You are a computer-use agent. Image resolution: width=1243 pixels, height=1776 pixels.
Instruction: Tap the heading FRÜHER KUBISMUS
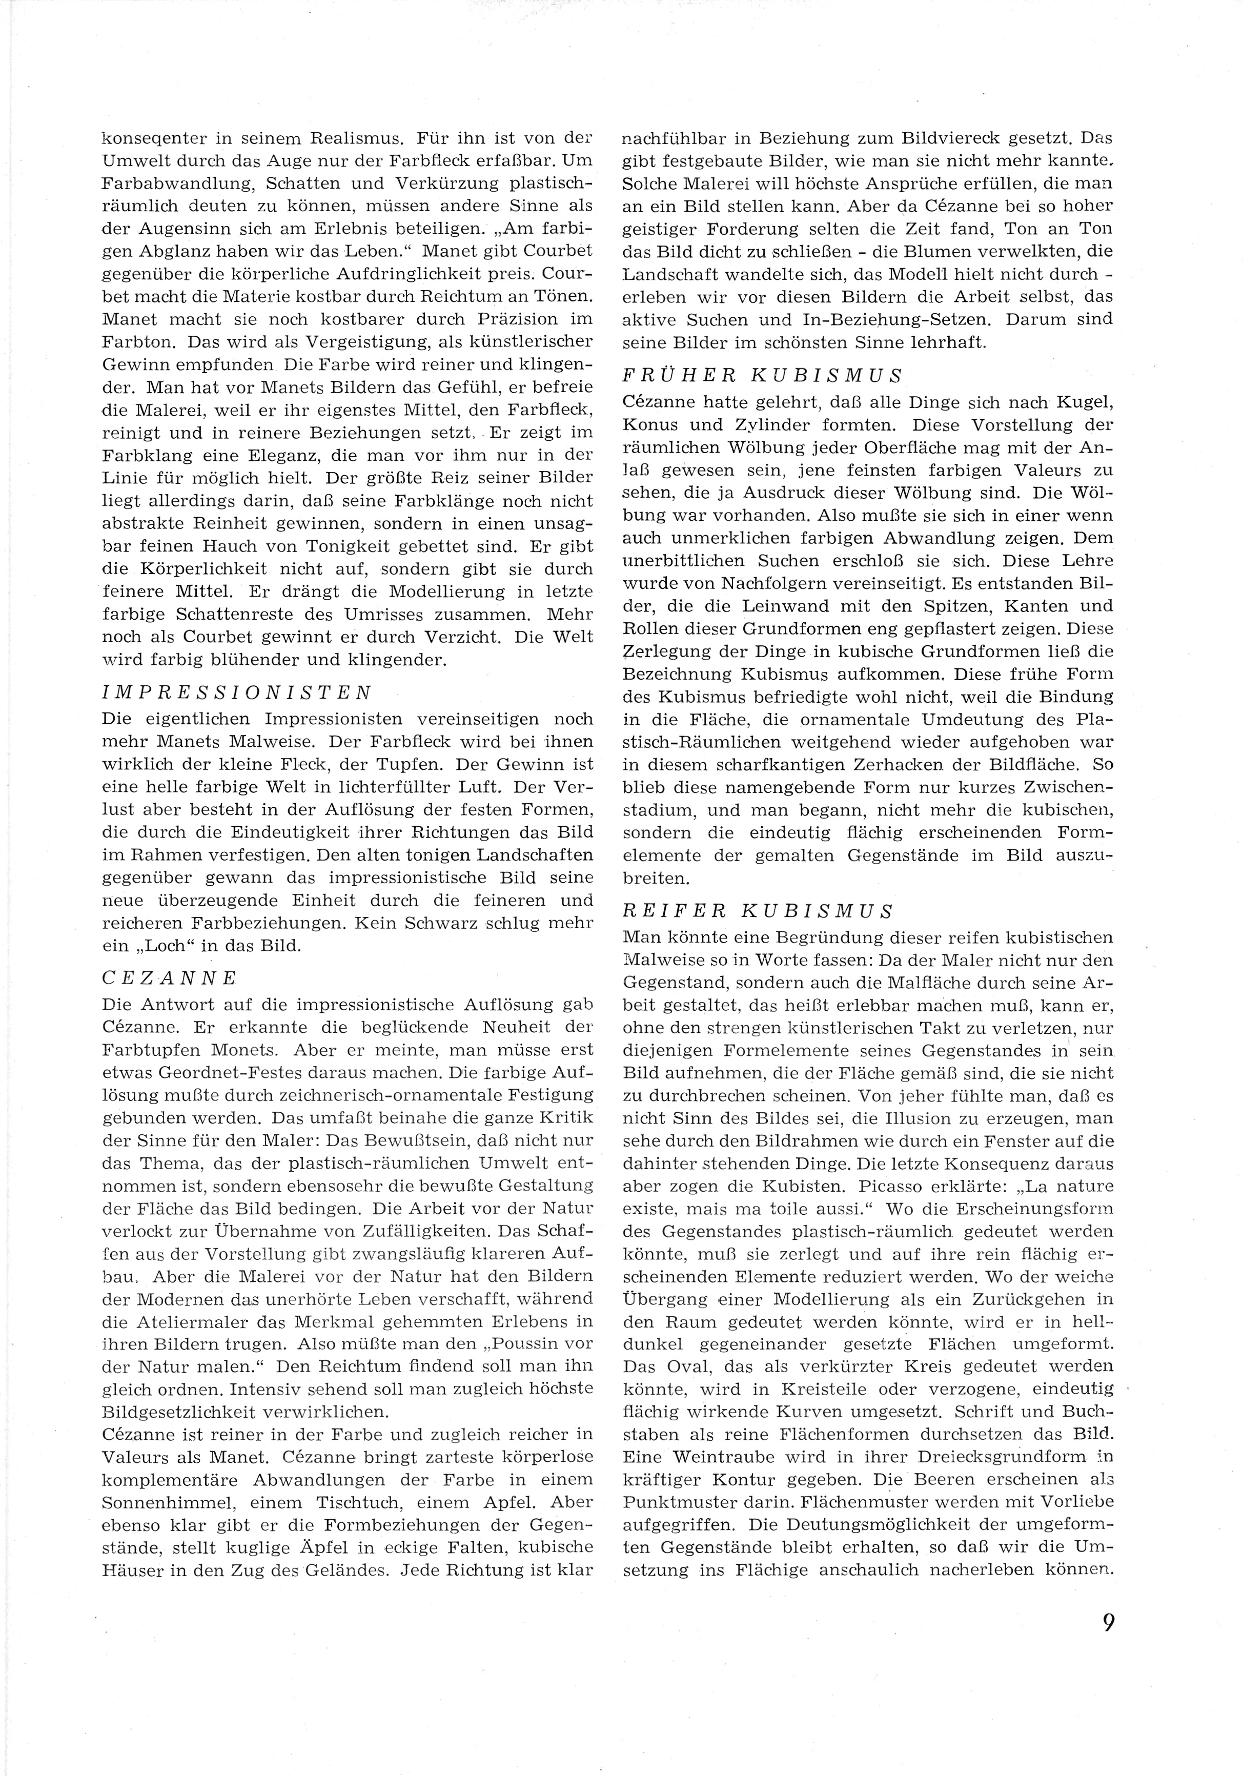(x=763, y=376)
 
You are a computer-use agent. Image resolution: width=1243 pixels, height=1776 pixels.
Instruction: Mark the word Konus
(x=650, y=425)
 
